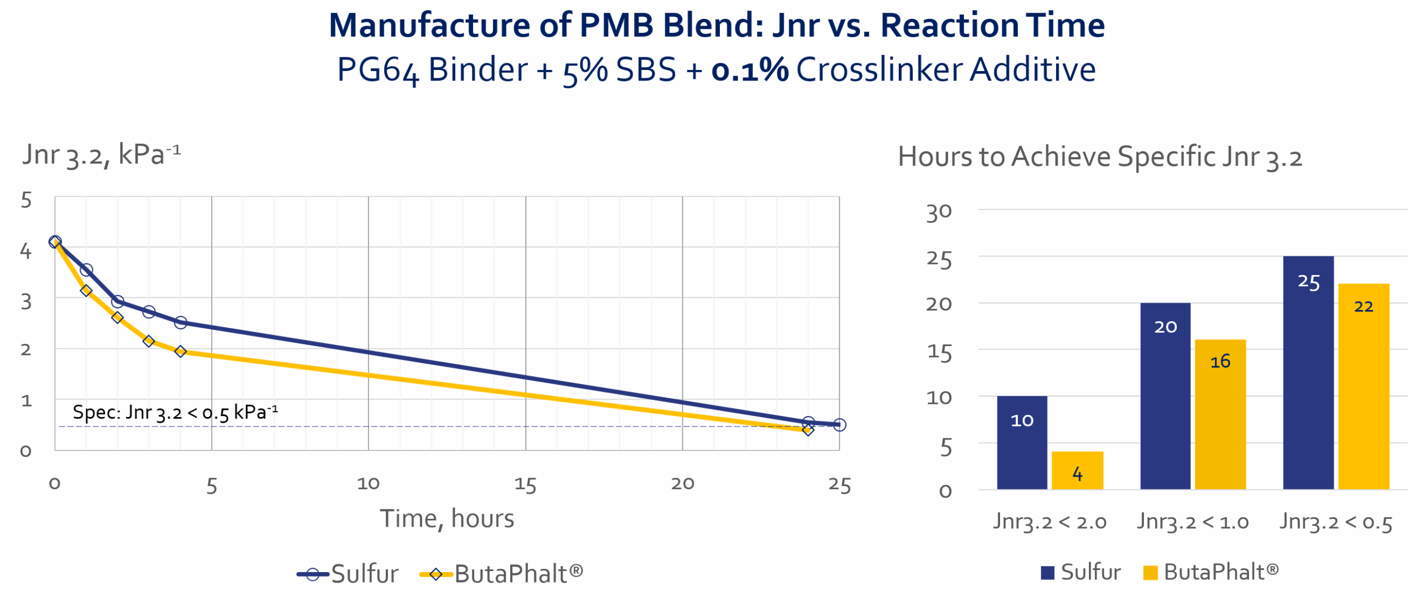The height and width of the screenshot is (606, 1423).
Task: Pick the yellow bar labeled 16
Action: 1220,414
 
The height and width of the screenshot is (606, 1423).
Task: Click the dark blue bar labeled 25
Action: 1308,372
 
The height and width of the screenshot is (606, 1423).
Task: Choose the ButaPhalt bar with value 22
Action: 1363,386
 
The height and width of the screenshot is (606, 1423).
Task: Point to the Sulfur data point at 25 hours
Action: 839,425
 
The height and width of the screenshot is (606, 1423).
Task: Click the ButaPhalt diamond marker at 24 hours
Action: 808,430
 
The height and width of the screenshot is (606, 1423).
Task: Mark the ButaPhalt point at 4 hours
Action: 180,352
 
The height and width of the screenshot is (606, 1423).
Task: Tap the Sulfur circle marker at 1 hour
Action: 86,270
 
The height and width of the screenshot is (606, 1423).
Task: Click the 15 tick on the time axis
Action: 525,484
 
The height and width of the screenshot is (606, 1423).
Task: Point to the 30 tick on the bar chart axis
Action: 939,212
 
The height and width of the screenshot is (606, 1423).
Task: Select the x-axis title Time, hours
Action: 447,519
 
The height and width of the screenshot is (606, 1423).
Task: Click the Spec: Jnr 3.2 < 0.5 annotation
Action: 175,413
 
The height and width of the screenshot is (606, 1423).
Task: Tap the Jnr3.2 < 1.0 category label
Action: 1193,522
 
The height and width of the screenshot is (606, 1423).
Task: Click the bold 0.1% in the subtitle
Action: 750,70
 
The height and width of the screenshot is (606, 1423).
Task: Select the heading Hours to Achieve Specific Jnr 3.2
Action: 1099,157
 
